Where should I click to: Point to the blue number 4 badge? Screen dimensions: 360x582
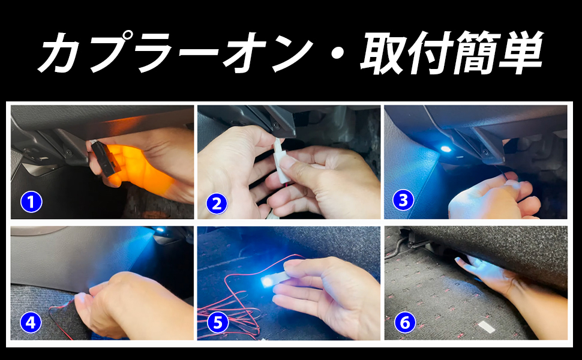click(31, 323)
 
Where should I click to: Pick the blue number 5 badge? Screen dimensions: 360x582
click(218, 323)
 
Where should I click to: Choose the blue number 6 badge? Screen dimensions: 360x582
click(404, 323)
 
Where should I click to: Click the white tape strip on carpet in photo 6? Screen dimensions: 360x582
click(485, 326)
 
